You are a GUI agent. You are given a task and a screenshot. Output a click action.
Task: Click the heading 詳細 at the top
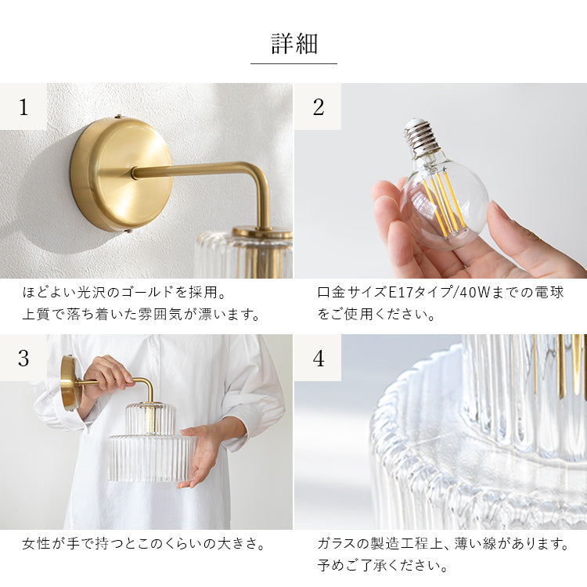click(x=294, y=44)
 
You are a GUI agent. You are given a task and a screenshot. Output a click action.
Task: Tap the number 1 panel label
click(x=23, y=107)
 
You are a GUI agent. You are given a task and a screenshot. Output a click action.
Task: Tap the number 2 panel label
click(x=319, y=107)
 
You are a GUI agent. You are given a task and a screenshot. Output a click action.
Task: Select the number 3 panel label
click(x=23, y=358)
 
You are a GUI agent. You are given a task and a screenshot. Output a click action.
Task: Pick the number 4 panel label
click(x=319, y=358)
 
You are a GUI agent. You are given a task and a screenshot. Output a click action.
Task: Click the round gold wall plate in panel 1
click(x=121, y=175)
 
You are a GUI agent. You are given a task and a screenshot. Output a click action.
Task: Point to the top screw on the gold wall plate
click(x=120, y=117)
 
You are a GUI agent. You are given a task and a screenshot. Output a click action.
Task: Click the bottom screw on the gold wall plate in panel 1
click(x=129, y=232)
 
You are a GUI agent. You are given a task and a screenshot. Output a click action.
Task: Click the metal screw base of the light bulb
click(x=419, y=137)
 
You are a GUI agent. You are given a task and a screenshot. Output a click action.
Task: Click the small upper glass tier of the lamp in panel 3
click(x=150, y=419)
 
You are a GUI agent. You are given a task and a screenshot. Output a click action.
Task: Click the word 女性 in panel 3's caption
click(x=35, y=544)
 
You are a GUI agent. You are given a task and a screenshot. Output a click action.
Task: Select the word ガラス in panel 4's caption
click(x=337, y=544)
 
